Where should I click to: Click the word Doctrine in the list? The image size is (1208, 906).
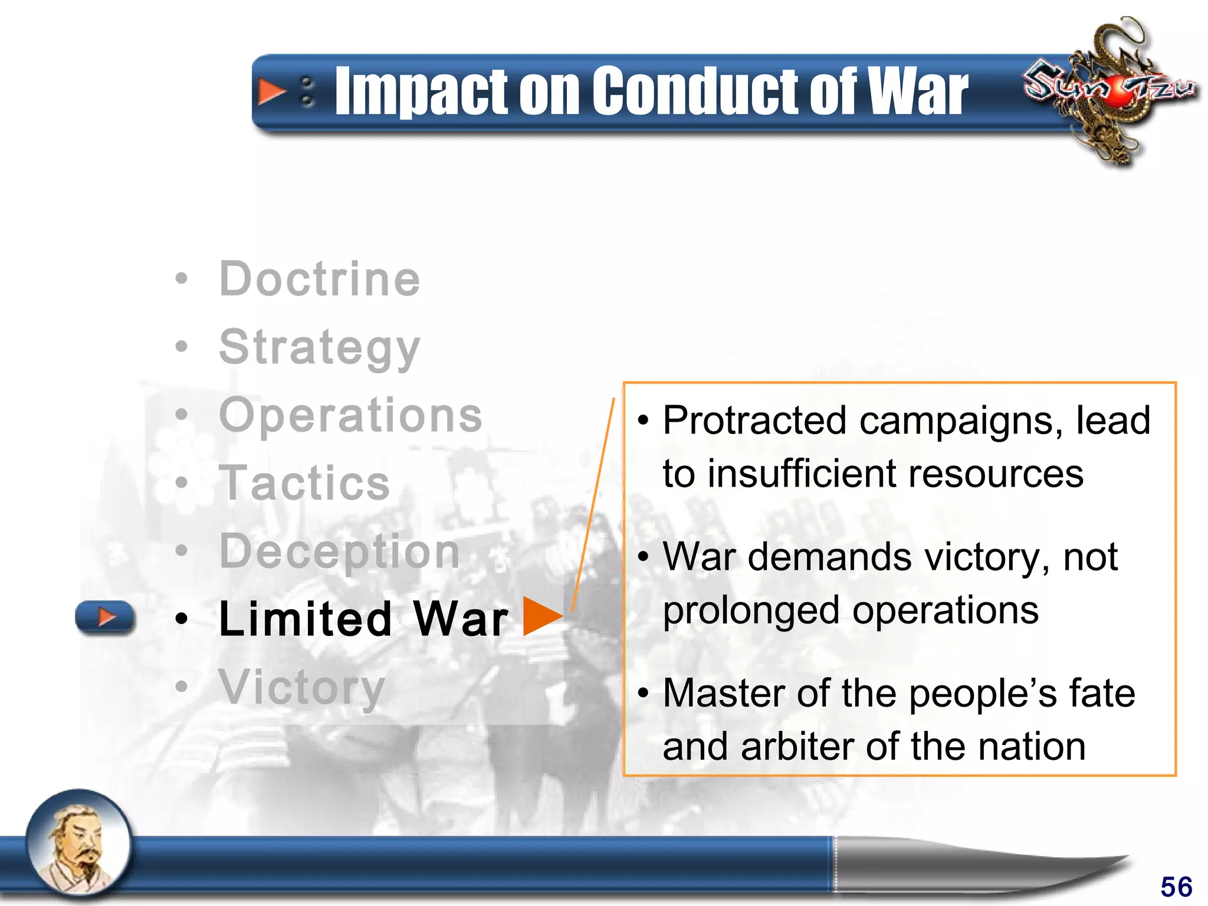coord(319,279)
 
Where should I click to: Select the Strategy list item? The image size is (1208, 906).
coord(319,348)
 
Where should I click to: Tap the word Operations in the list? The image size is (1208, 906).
coord(350,415)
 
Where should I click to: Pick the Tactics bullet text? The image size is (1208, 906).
coord(304,483)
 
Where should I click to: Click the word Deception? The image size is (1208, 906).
coord(339,552)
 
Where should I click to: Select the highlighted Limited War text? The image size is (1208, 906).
coord(363,619)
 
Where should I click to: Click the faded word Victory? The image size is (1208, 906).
coord(301,687)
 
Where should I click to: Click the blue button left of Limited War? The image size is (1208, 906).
coord(105,617)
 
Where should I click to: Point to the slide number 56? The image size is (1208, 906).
coord(1176,887)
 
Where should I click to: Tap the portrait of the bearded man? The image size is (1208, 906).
coord(79,843)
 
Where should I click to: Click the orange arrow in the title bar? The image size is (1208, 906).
coord(271,92)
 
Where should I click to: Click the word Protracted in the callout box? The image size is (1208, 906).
coord(754,421)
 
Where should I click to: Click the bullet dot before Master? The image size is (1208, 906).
coord(643,693)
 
